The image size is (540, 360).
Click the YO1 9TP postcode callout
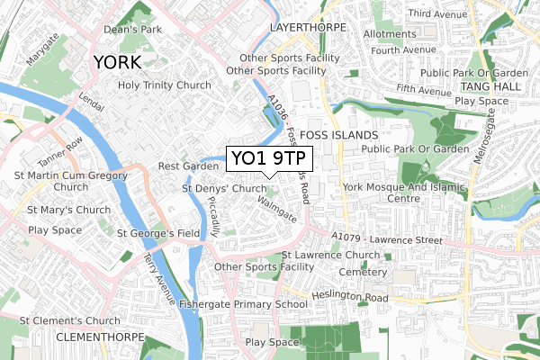(268, 159)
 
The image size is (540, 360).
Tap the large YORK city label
(116, 63)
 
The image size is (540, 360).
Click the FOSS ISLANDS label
(337, 134)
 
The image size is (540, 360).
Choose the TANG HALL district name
(485, 85)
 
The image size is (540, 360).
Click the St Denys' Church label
(225, 189)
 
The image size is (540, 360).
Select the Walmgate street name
(275, 212)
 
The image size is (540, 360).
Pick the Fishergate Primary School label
(243, 304)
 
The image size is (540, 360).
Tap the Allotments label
(391, 34)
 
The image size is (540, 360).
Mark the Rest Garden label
(183, 166)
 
